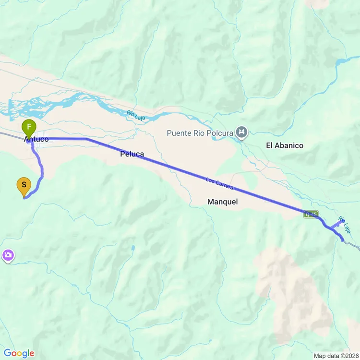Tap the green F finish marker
click(x=29, y=128)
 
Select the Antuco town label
click(x=36, y=139)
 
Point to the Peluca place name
click(x=132, y=154)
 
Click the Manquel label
click(x=222, y=202)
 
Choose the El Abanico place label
click(x=285, y=145)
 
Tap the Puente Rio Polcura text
click(x=200, y=132)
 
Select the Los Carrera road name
click(x=218, y=185)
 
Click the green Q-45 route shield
click(x=311, y=215)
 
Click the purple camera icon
click(x=8, y=256)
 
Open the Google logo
click(x=19, y=354)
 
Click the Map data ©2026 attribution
click(x=336, y=356)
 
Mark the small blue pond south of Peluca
click(x=132, y=248)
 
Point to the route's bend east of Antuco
click(x=86, y=139)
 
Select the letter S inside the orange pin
click(x=24, y=184)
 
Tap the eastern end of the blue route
click(x=343, y=240)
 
